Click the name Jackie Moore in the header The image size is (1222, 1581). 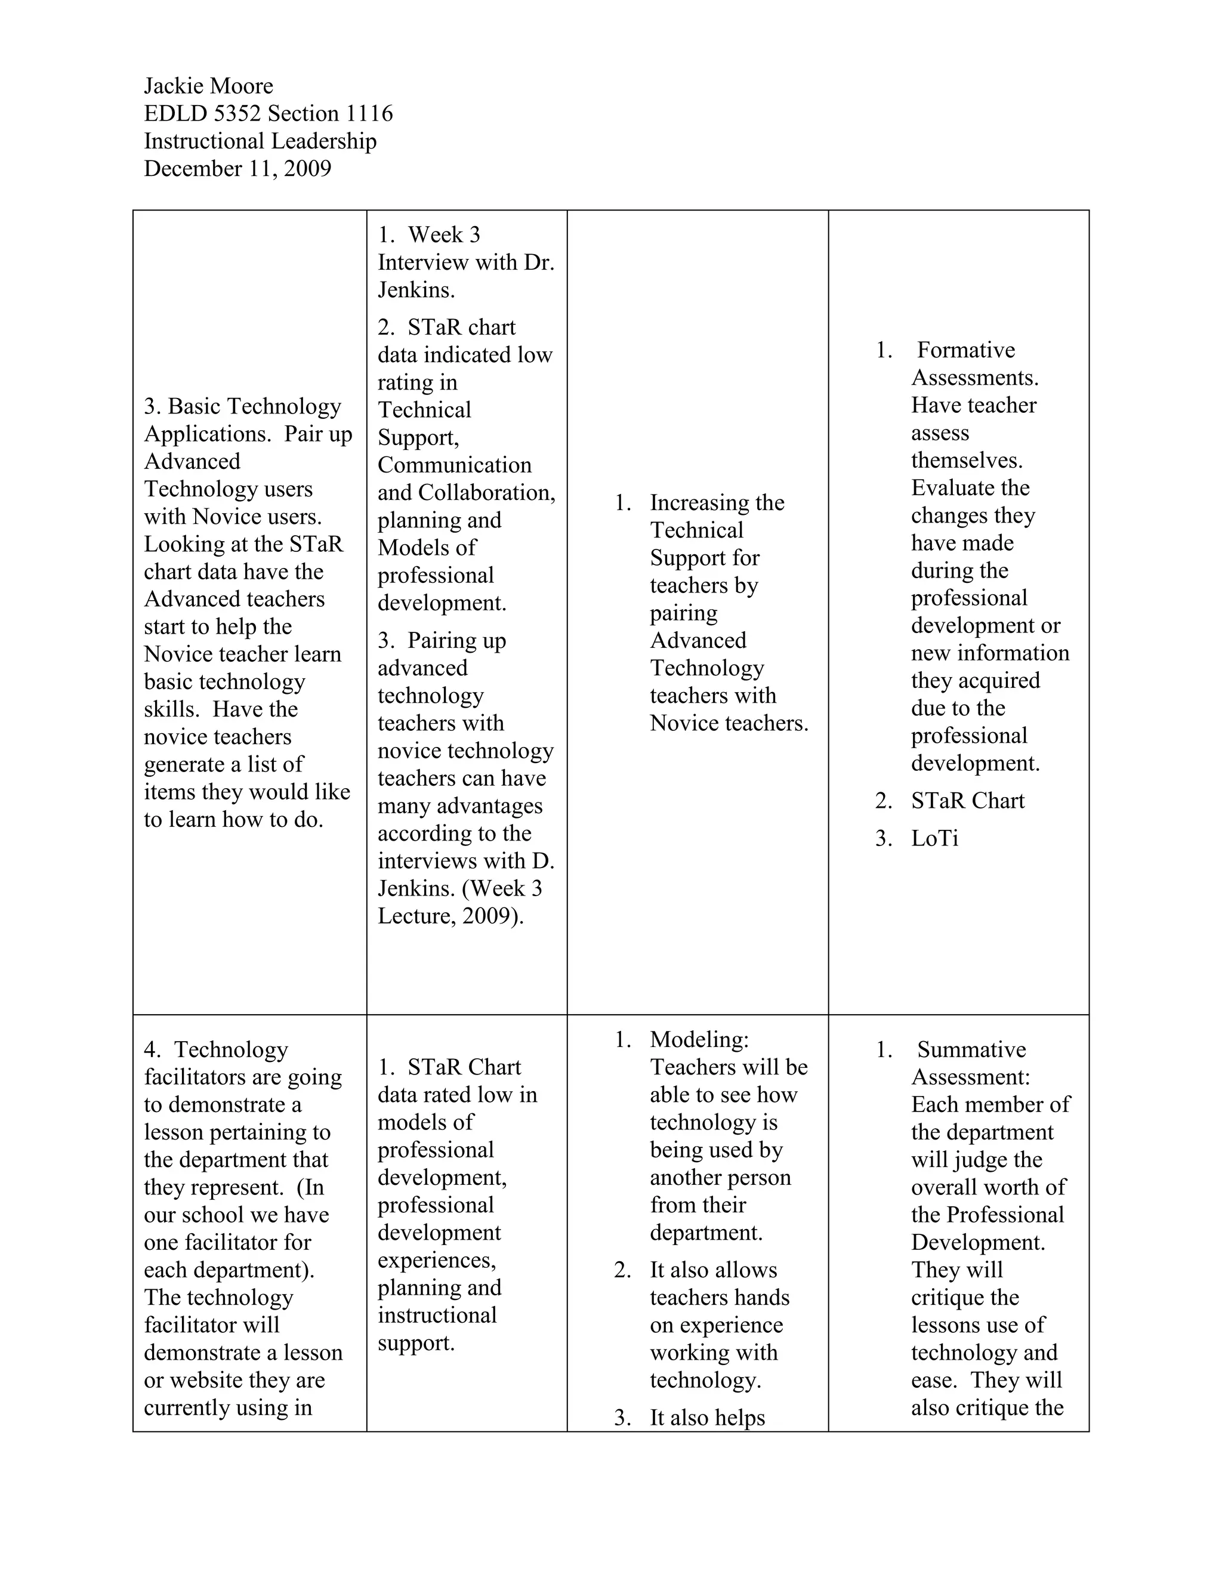click(x=208, y=86)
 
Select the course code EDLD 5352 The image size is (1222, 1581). click(x=202, y=113)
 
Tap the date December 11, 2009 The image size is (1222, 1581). click(x=237, y=169)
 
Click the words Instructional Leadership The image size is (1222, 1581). click(x=260, y=141)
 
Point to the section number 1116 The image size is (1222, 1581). click(x=369, y=113)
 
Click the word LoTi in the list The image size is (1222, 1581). click(x=934, y=838)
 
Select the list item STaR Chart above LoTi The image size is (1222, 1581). click(x=967, y=801)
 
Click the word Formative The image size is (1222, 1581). click(x=966, y=350)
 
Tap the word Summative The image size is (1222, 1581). click(x=971, y=1049)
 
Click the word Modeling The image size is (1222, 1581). click(x=699, y=1039)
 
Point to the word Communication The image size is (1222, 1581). click(x=454, y=465)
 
